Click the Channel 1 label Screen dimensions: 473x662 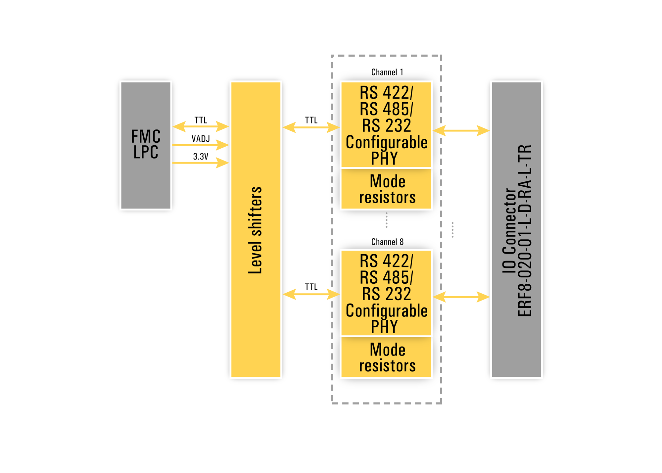coord(387,72)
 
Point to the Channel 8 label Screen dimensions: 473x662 coord(387,242)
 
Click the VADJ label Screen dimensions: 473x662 coord(201,139)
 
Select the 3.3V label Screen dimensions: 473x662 coord(201,157)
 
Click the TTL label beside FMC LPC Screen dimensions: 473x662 coord(201,120)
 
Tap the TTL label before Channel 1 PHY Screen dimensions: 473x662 coord(311,120)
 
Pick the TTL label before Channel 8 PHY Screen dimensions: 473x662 coord(311,287)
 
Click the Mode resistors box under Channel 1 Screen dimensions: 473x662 coord(386,189)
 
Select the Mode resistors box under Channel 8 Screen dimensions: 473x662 coord(386,357)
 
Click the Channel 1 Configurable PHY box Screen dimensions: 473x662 coord(386,125)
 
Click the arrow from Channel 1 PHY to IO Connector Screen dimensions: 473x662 coord(461,130)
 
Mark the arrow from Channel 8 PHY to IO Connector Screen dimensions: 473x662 coord(461,297)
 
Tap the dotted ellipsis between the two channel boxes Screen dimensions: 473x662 coord(386,220)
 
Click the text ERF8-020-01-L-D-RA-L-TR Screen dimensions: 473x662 coord(525,230)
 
